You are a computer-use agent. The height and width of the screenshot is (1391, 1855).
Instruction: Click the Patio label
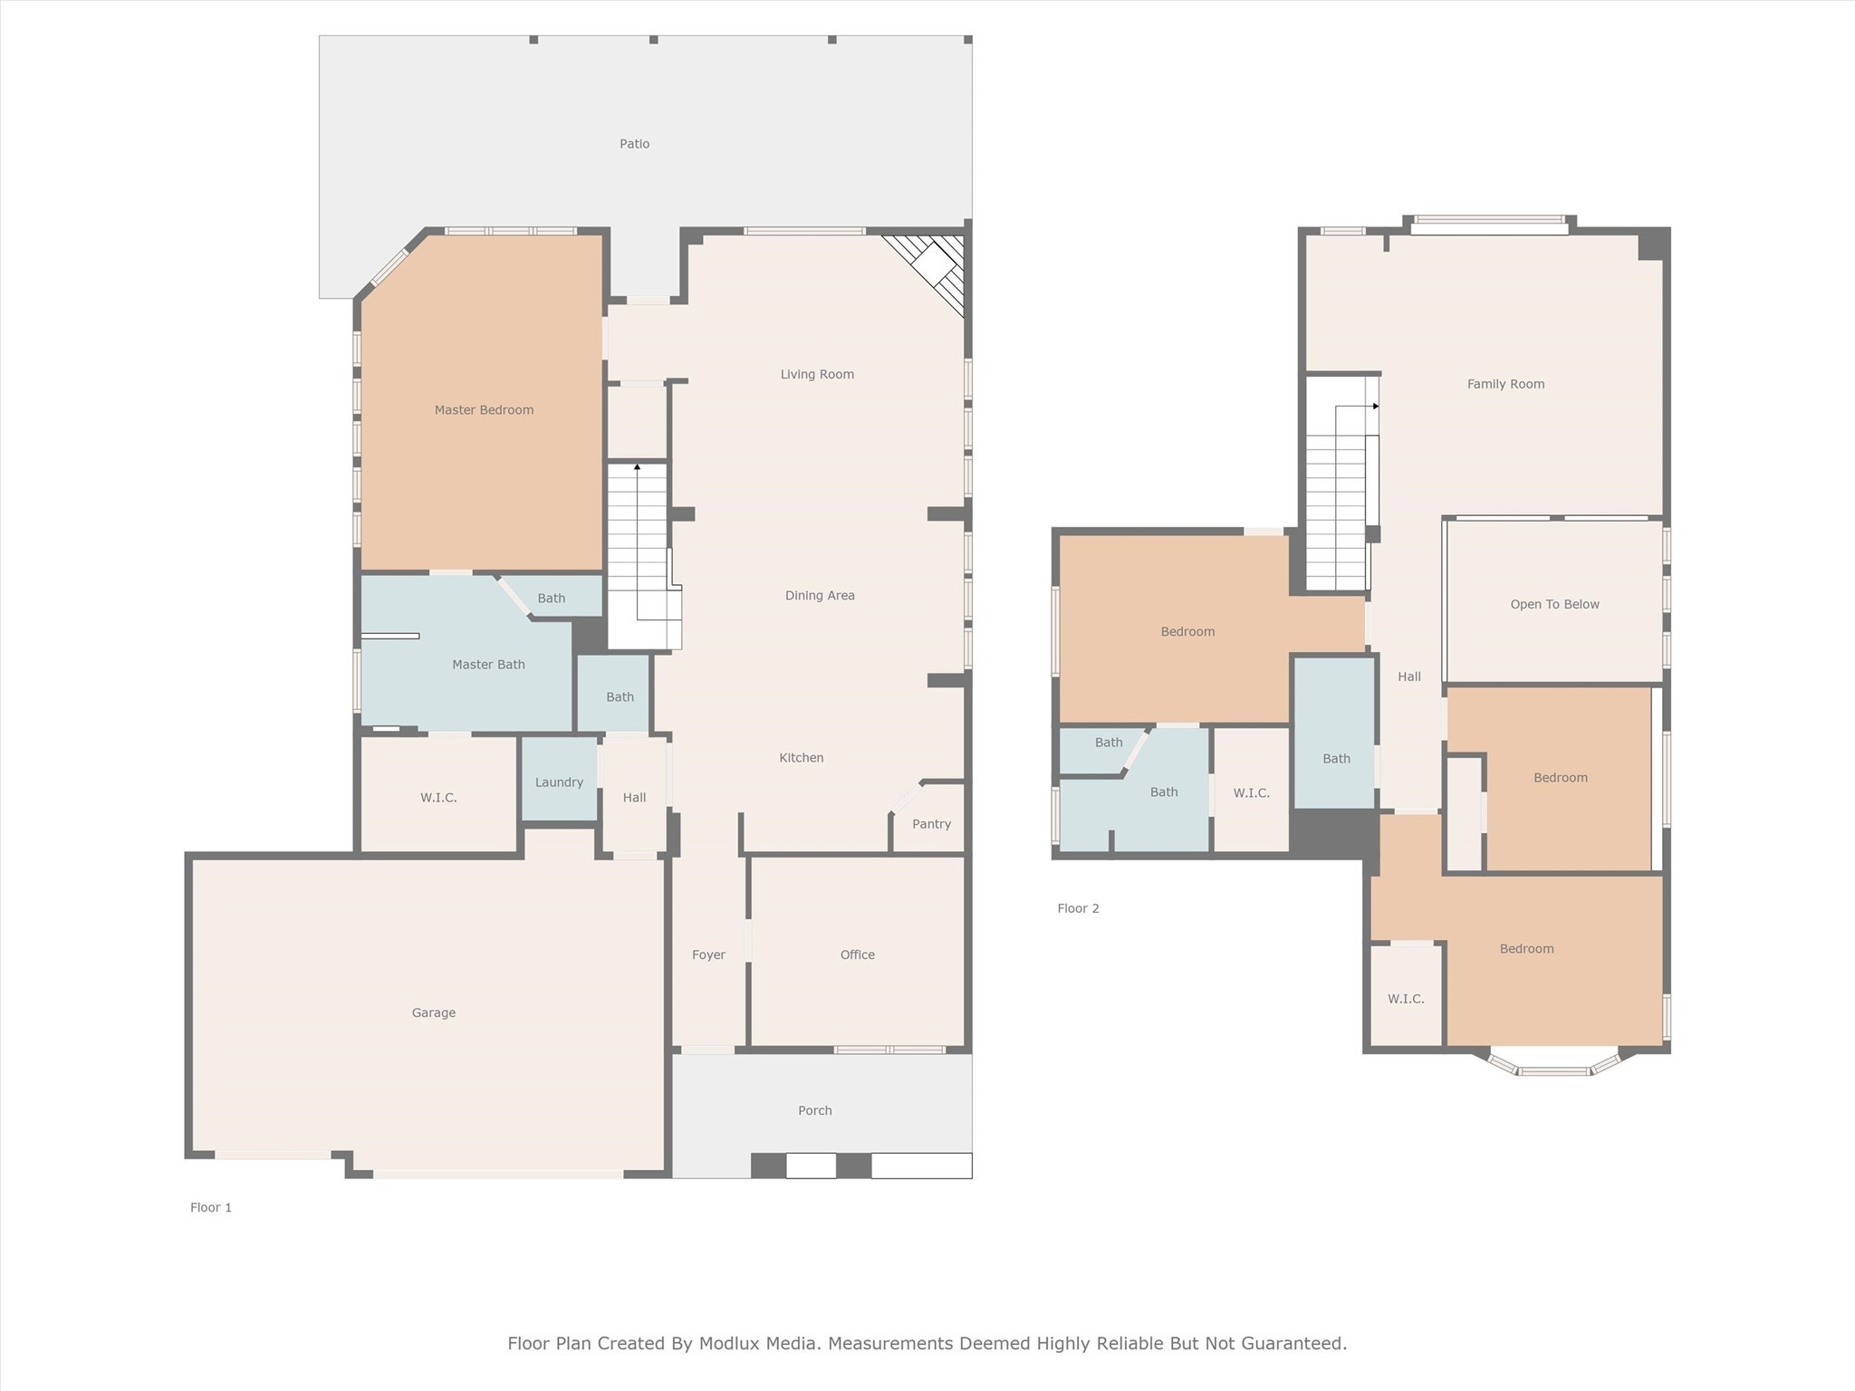pyautogui.click(x=634, y=144)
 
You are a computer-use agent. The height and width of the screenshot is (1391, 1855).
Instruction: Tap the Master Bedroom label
pyautogui.click(x=484, y=410)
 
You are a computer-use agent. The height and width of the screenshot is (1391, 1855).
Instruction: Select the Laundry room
pyautogui.click(x=559, y=782)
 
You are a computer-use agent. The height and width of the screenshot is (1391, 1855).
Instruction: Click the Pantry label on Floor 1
pyautogui.click(x=931, y=824)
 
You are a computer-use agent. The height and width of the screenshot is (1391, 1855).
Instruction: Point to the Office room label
pyautogui.click(x=857, y=955)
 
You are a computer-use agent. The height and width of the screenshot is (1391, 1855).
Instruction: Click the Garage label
pyautogui.click(x=433, y=1012)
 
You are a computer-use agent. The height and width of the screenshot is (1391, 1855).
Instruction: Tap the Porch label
pyautogui.click(x=814, y=1110)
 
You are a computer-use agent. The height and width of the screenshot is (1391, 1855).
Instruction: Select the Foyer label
pyautogui.click(x=708, y=955)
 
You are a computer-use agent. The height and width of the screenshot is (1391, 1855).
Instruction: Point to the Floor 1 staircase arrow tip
pyautogui.click(x=638, y=466)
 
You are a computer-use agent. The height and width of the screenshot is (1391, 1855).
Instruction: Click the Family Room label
pyautogui.click(x=1505, y=384)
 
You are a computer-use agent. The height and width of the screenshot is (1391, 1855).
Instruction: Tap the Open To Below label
pyautogui.click(x=1554, y=604)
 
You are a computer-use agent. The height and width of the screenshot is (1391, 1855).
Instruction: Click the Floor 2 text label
pyautogui.click(x=1078, y=908)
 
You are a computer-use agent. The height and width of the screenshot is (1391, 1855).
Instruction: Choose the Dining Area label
pyautogui.click(x=820, y=595)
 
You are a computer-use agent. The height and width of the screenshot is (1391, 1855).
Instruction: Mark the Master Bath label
pyautogui.click(x=488, y=665)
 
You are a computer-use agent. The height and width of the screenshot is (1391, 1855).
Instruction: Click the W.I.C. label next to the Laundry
pyautogui.click(x=438, y=798)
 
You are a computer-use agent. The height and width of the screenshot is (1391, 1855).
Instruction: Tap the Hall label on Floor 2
pyautogui.click(x=1408, y=676)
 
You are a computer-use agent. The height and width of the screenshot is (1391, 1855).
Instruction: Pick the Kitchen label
pyautogui.click(x=801, y=758)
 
